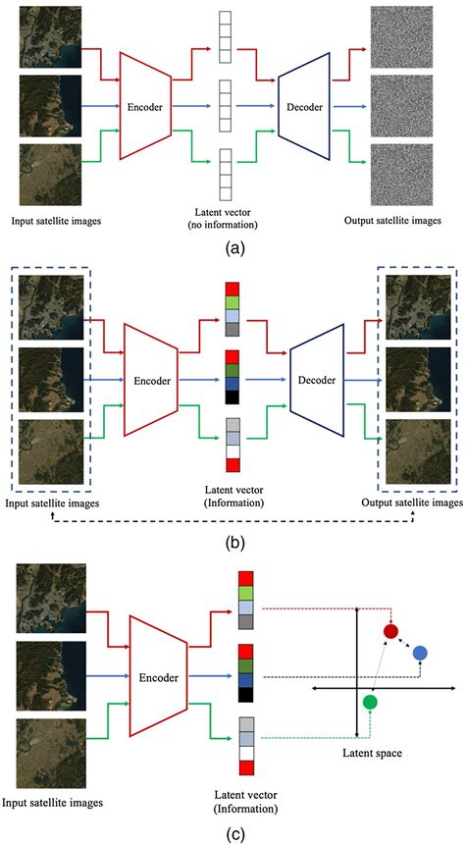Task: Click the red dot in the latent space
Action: click(x=391, y=632)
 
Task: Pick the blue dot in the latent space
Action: click(x=420, y=654)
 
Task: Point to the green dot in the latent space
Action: click(x=369, y=702)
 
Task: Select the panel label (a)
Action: click(x=233, y=247)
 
